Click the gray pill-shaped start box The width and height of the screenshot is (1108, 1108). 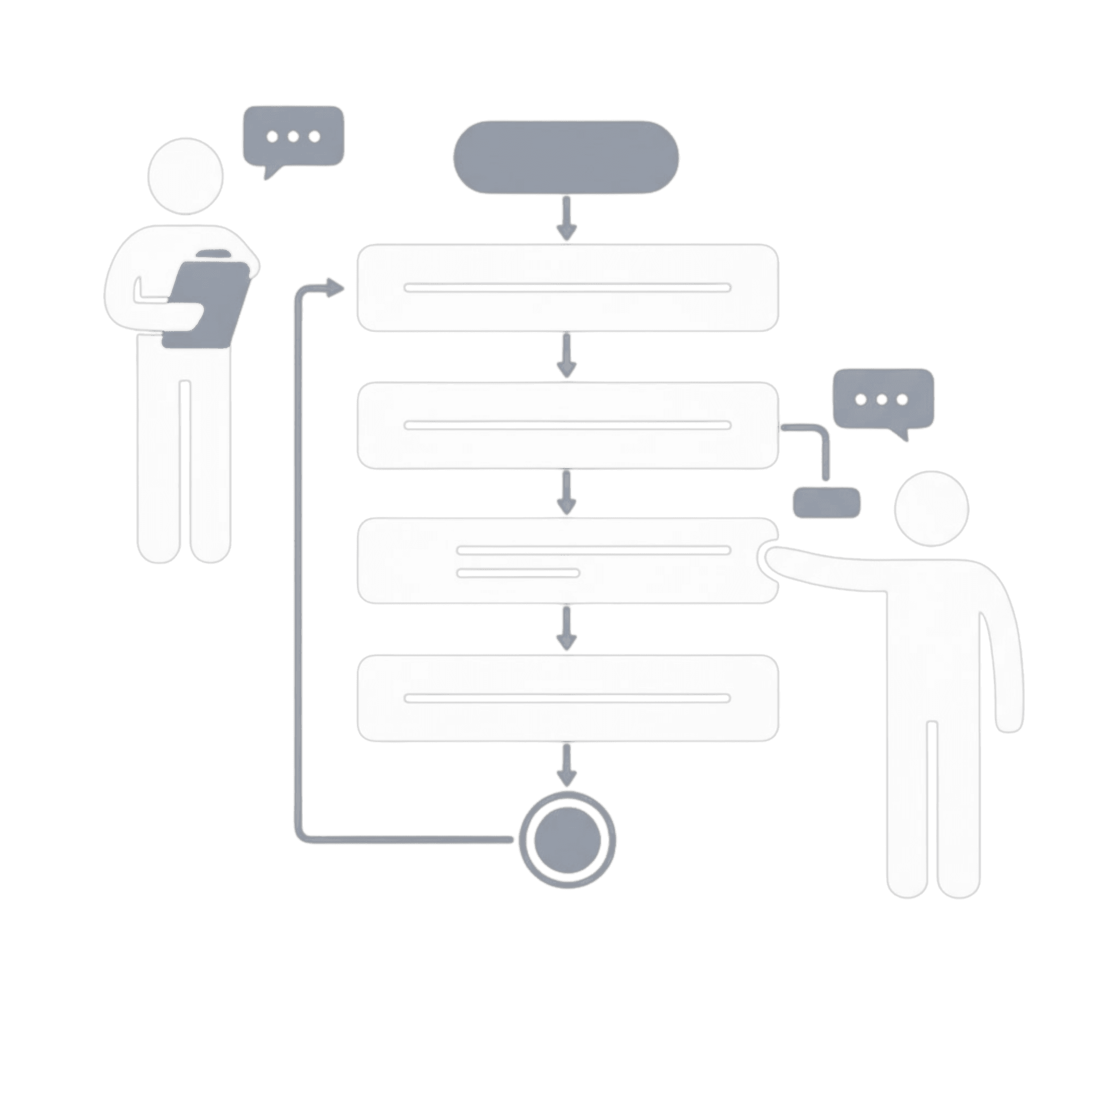566,157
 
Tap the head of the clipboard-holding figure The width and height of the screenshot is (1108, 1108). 185,176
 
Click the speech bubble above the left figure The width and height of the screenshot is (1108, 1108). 294,137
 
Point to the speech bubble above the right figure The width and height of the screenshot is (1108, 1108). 883,399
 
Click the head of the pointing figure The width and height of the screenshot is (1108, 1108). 932,508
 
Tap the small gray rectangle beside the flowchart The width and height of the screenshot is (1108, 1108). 826,503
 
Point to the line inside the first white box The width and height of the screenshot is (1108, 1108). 567,287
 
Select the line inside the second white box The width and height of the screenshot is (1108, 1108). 567,425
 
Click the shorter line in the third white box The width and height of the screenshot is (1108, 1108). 518,572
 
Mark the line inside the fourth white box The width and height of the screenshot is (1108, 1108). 567,698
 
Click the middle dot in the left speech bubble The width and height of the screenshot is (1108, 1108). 294,137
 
